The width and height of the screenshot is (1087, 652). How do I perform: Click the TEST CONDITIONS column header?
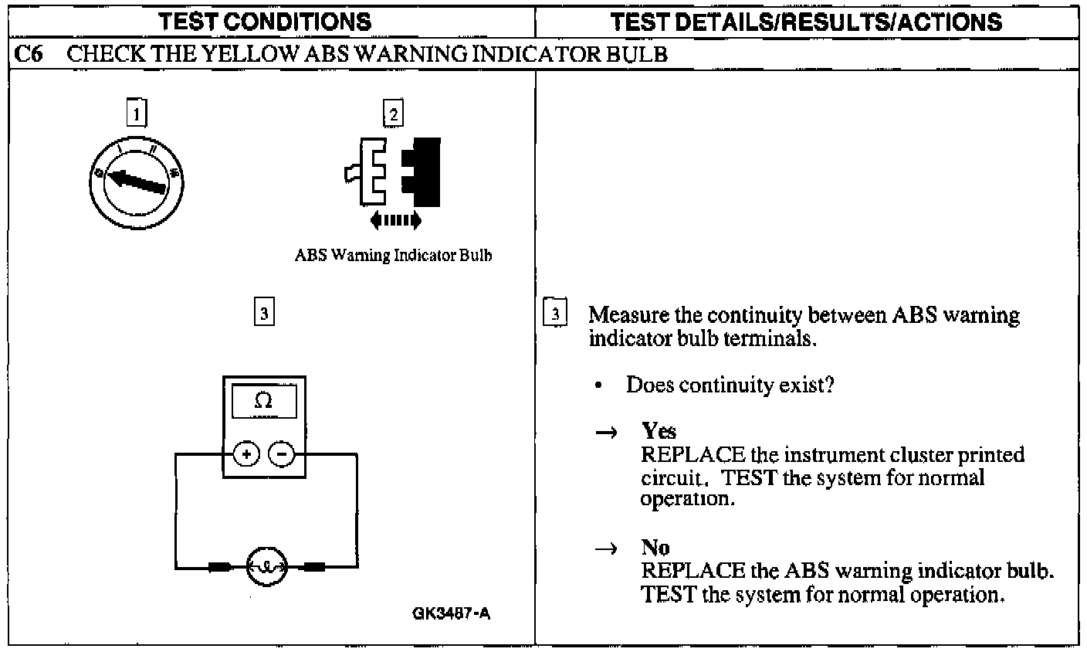pos(265,21)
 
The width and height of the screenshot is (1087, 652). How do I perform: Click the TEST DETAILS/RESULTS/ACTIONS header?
pos(806,21)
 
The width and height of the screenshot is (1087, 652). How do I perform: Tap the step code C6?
pos(28,54)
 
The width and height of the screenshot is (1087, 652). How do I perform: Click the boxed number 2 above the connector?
pos(393,114)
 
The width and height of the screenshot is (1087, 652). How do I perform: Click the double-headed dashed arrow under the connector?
pos(395,221)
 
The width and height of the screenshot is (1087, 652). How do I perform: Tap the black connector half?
pos(423,171)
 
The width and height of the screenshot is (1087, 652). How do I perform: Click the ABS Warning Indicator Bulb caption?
pos(393,255)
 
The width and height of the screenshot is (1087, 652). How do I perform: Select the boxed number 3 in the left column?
pos(263,313)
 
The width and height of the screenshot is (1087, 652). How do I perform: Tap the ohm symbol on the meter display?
pos(263,402)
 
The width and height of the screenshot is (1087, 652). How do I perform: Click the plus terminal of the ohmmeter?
pos(246,454)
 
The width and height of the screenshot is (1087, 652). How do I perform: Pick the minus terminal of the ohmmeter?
pos(281,454)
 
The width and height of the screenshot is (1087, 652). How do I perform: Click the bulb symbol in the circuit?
pos(266,567)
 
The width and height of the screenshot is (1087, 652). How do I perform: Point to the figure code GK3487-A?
pos(452,614)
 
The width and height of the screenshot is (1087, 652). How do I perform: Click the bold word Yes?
pos(659,431)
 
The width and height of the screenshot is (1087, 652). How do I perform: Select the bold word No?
pos(655,548)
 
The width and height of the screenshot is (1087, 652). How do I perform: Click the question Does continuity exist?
pos(730,385)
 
